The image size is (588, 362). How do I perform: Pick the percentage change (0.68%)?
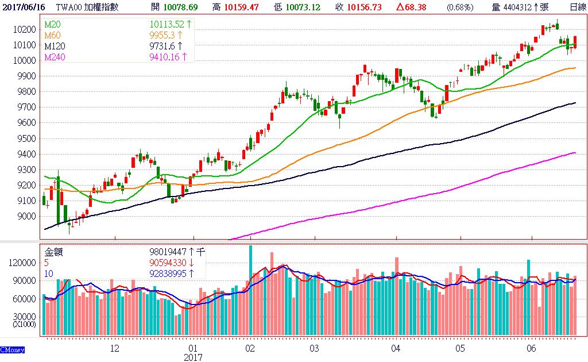tap(460, 7)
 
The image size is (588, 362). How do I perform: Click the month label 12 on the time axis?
tap(114, 348)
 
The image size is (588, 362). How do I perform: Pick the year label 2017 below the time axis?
tap(193, 357)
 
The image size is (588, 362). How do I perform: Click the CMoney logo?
tap(11, 349)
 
